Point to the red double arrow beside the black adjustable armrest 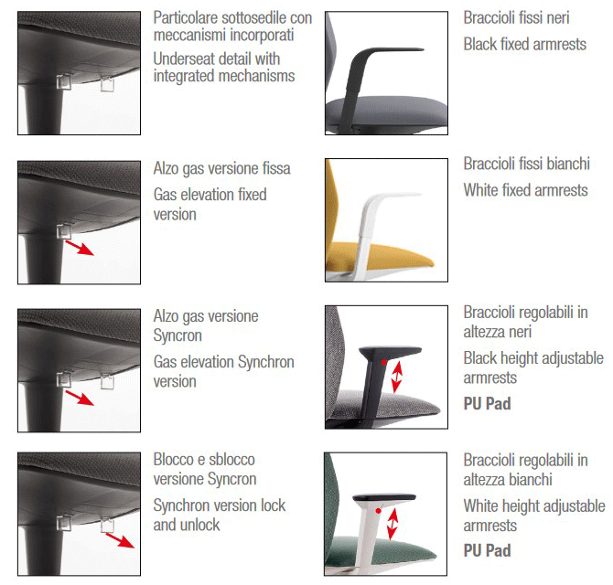[395, 375]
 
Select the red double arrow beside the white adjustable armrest [393, 524]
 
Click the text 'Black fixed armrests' [524, 44]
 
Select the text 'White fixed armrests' [525, 190]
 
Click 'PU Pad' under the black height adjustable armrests [487, 403]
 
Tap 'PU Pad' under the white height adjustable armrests [487, 550]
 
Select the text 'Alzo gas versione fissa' [221, 168]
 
